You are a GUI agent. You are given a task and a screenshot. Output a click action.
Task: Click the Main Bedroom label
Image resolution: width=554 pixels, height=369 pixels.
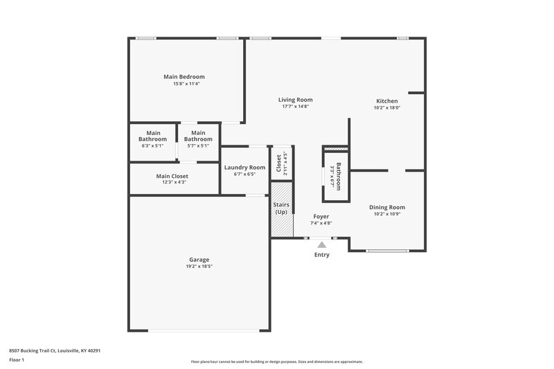[x=184, y=77]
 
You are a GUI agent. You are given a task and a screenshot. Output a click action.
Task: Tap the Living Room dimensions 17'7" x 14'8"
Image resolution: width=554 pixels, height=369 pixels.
[x=296, y=107]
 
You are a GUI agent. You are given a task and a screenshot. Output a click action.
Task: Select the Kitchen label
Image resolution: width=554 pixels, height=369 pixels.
[x=386, y=101]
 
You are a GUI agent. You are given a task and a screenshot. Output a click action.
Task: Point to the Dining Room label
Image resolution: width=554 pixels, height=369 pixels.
[x=387, y=207]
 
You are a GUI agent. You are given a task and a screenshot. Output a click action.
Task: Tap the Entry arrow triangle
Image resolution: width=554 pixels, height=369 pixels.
[x=321, y=244]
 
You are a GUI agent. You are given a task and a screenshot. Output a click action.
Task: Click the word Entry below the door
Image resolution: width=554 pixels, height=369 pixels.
[x=322, y=255]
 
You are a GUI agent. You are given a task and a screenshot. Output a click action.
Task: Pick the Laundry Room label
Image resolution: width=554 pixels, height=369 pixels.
[x=244, y=168]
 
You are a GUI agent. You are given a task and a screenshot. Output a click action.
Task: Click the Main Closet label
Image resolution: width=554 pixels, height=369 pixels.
[x=172, y=176]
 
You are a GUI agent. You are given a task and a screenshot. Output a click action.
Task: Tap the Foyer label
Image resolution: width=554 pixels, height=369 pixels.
[x=321, y=216]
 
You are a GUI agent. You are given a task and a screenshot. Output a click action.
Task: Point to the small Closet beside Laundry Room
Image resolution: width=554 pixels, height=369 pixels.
[x=281, y=164]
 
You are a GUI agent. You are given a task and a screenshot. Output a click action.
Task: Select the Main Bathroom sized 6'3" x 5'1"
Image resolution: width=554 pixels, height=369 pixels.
[x=153, y=139]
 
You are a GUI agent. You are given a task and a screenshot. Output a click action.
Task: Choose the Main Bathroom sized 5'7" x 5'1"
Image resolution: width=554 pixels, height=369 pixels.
[x=198, y=139]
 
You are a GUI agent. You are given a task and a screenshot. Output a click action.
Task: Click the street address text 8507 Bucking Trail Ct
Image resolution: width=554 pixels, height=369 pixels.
[x=55, y=350]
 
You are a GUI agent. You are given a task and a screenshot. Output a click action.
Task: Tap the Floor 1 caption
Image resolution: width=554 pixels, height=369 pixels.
[x=17, y=361]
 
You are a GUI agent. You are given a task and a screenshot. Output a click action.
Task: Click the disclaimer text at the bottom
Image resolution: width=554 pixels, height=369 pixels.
[x=276, y=361]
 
